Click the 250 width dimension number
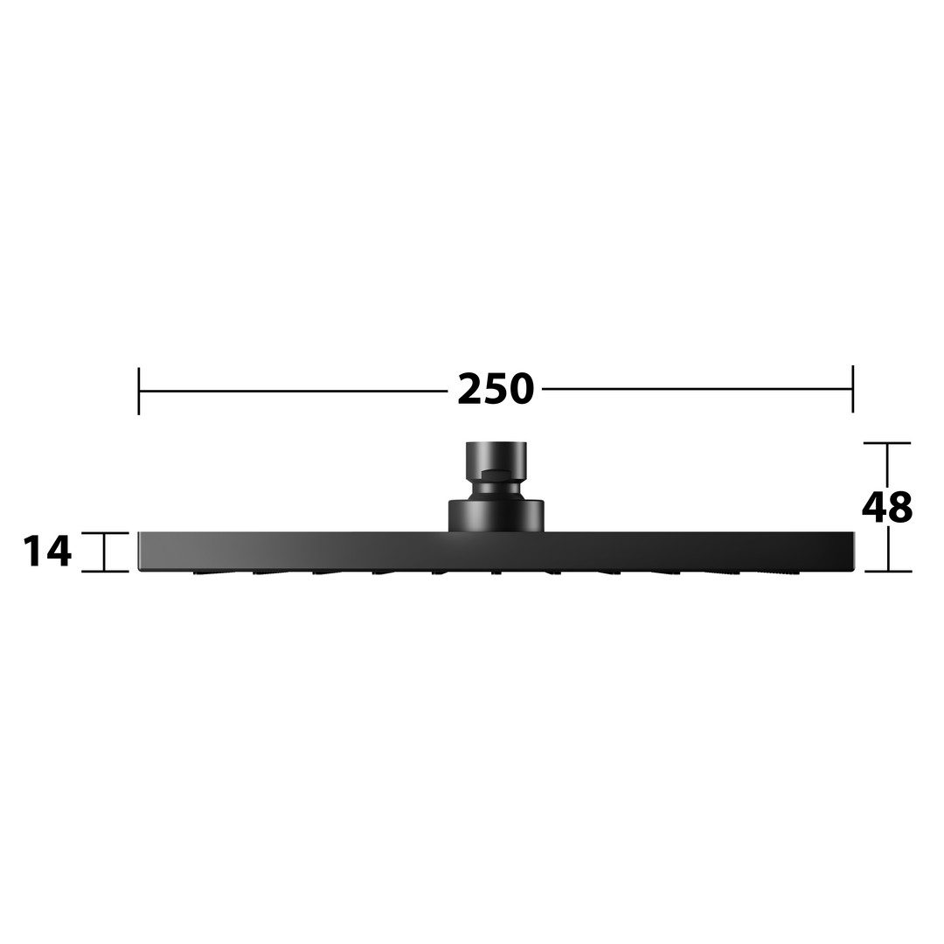496,389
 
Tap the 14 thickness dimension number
47,551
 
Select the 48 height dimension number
887,507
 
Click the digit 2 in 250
470,389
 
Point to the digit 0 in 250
521,389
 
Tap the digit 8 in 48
900,507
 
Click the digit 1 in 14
34,551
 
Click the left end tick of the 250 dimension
139,391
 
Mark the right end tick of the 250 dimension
852,389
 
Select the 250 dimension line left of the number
293,391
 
